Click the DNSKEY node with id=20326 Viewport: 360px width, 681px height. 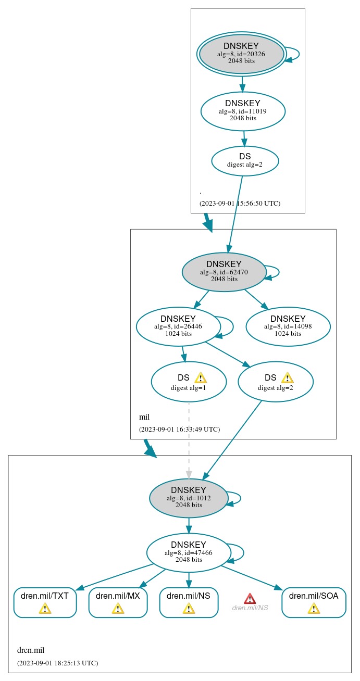(x=241, y=54)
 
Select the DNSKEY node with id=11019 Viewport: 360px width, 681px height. (x=243, y=111)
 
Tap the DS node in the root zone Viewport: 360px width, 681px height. (x=245, y=160)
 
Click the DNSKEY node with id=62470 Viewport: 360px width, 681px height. (x=224, y=272)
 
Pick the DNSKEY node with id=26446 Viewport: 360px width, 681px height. (x=178, y=326)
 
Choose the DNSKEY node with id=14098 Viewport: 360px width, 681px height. (x=288, y=326)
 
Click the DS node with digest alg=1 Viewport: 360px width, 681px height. (x=189, y=382)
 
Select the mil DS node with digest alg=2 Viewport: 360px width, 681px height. (x=275, y=382)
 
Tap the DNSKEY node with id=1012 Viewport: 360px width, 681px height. (x=189, y=498)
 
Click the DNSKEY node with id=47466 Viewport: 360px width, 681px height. (x=189, y=552)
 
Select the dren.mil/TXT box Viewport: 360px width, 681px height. (x=45, y=602)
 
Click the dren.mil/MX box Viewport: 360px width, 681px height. (x=118, y=602)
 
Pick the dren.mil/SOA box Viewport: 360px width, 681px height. (x=314, y=602)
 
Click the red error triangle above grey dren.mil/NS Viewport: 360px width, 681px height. (x=250, y=598)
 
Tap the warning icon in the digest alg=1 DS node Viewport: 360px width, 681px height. (x=201, y=377)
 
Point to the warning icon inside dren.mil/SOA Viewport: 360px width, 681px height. (x=314, y=608)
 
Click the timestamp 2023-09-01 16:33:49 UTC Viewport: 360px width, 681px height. (x=179, y=430)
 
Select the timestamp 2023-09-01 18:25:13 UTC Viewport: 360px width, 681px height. (x=57, y=663)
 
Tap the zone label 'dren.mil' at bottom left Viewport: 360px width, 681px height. (x=31, y=650)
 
